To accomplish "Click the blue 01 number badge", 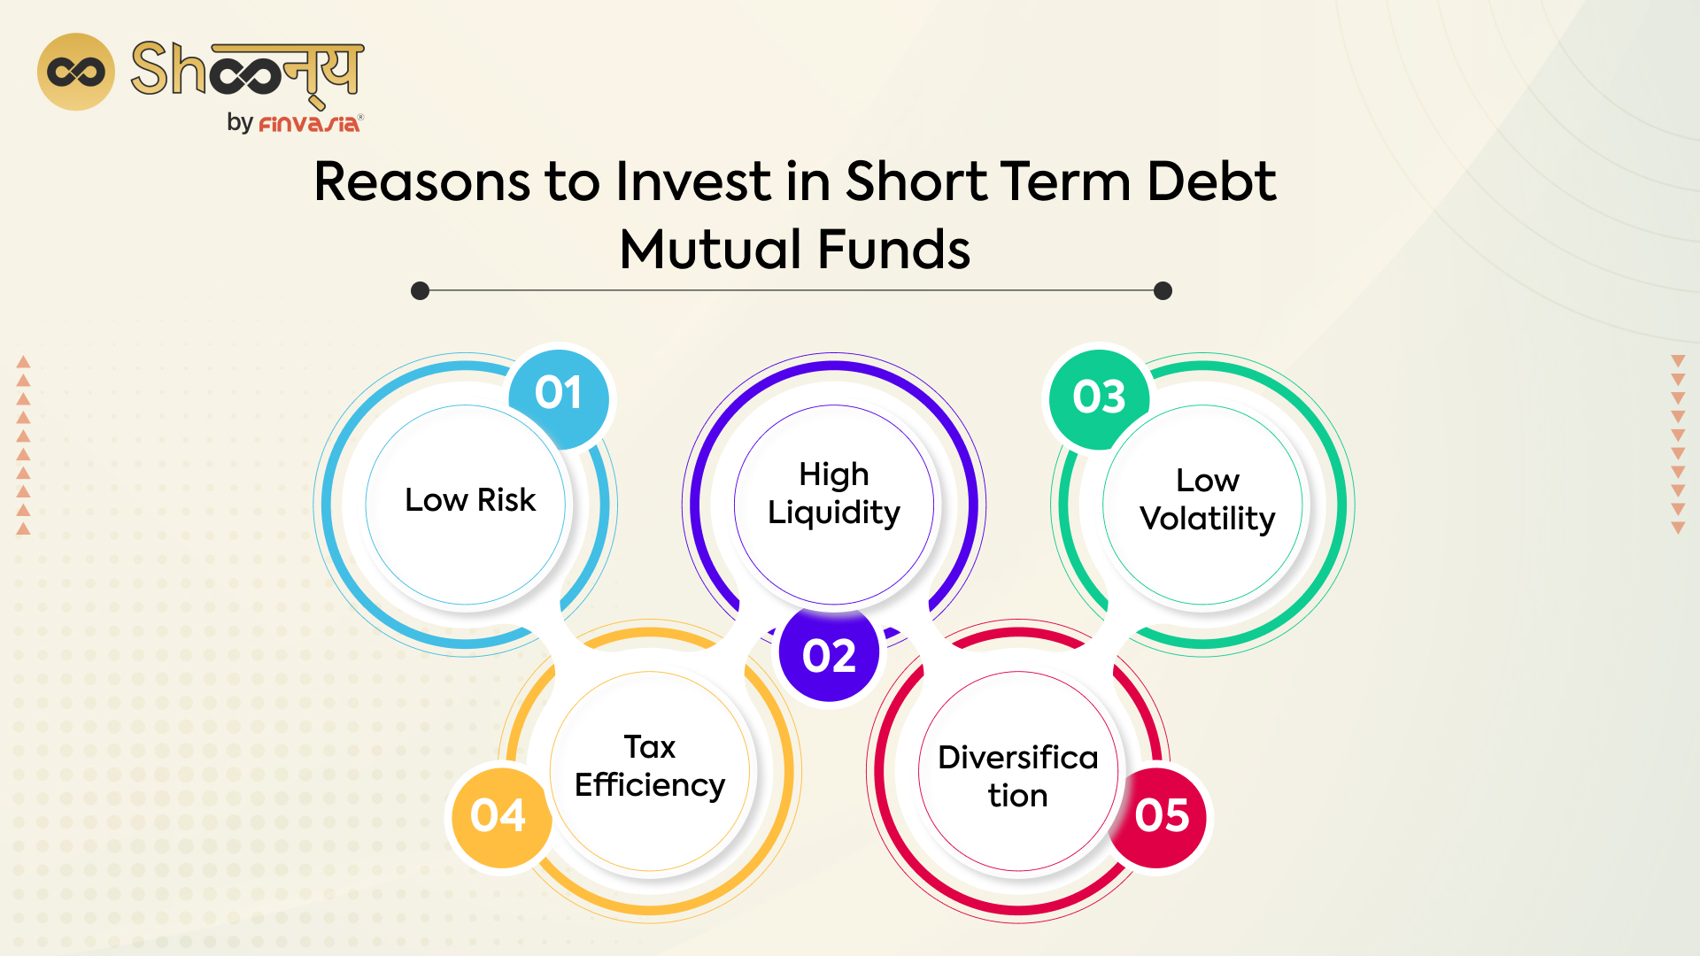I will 559,394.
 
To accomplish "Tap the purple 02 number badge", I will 829,656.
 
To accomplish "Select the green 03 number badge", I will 1099,397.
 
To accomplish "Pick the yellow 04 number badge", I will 498,815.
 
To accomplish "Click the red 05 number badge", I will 1161,815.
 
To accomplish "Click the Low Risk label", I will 470,500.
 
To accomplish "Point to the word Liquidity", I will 833,513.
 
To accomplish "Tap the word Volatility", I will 1207,519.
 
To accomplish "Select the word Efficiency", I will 649,785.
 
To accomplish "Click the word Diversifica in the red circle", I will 1017,758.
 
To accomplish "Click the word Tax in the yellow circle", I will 649,747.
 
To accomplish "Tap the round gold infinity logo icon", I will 76,72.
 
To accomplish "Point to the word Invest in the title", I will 693,181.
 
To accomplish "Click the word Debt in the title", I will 1211,181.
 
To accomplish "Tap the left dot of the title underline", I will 421,291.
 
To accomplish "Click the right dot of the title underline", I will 1163,291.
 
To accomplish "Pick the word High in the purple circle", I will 833,474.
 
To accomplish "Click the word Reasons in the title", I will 421,181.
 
